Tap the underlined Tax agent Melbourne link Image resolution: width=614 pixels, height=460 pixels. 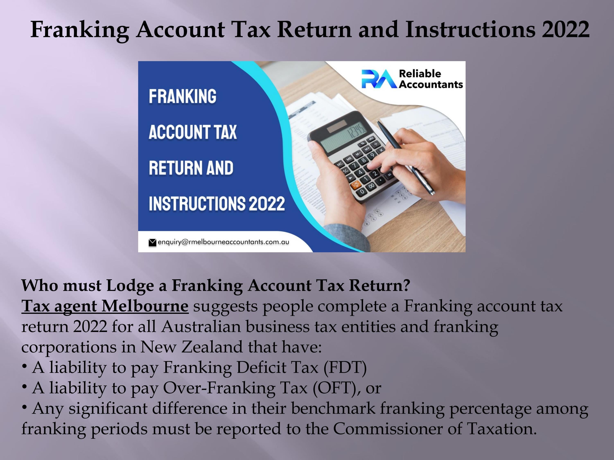point(105,306)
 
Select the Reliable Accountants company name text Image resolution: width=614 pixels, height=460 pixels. point(431,79)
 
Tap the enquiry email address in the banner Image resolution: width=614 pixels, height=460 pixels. point(223,242)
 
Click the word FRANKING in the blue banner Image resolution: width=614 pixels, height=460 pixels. point(182,96)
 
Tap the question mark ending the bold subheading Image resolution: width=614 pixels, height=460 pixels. point(407,286)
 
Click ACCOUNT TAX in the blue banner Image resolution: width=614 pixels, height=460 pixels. point(193,132)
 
